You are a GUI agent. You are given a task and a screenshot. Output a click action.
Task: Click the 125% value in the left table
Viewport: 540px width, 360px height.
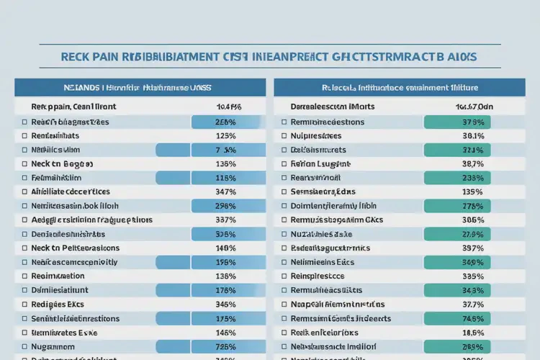(x=226, y=135)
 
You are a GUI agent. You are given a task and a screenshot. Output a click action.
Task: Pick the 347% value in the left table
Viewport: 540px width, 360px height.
(x=226, y=192)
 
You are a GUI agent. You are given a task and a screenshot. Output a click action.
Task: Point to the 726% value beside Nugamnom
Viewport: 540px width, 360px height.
(x=226, y=346)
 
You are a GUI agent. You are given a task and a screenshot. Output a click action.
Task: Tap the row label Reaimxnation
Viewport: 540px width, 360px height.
(x=58, y=276)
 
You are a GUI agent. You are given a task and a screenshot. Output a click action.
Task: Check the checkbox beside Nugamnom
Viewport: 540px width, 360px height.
(x=24, y=346)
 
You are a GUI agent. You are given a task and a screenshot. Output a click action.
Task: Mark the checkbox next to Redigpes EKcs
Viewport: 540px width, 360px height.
(x=24, y=304)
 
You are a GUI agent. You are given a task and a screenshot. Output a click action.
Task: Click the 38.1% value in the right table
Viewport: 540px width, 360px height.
(x=472, y=135)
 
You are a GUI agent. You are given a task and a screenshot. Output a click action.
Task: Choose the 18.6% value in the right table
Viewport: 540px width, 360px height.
(x=472, y=333)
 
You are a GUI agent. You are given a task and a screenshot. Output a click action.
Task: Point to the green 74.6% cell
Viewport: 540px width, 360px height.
(x=472, y=318)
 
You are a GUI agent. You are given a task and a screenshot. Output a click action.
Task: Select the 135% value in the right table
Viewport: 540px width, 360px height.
(x=472, y=192)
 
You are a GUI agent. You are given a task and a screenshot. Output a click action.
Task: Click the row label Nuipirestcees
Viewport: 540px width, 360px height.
(x=318, y=135)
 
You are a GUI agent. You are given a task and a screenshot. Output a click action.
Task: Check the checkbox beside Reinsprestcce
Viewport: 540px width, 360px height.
(x=284, y=276)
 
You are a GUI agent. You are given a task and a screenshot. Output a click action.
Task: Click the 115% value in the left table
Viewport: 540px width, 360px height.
(x=226, y=178)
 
